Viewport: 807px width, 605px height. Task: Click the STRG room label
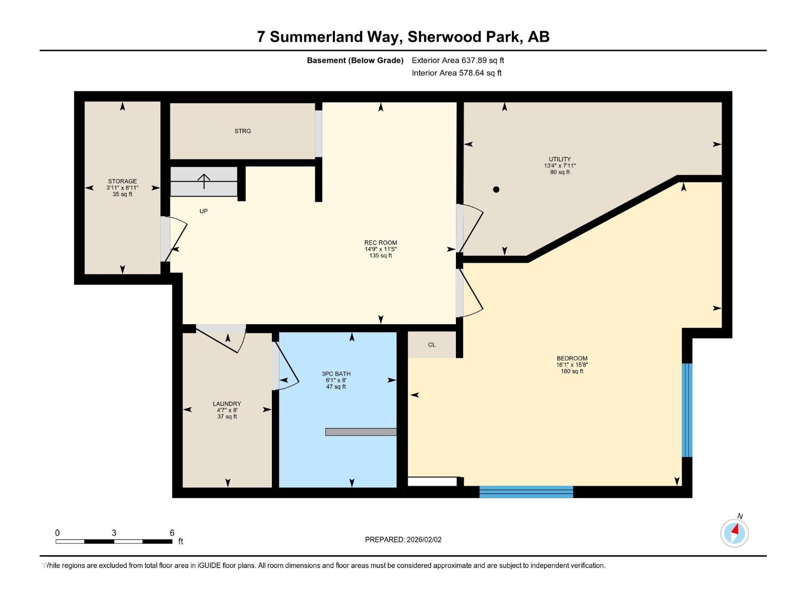point(243,131)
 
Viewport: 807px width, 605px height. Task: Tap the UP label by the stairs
point(203,211)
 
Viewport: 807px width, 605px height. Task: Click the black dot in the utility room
point(496,190)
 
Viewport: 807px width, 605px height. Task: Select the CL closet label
point(432,345)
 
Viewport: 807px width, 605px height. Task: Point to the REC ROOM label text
point(380,243)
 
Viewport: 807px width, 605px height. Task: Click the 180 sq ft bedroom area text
point(572,372)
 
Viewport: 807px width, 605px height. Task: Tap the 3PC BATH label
point(336,374)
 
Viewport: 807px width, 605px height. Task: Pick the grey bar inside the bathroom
point(361,432)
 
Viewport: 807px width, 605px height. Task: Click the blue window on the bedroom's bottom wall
point(526,492)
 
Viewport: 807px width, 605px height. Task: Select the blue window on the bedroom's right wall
point(687,409)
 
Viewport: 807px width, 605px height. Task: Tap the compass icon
point(734,533)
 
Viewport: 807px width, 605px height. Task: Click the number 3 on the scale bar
point(114,533)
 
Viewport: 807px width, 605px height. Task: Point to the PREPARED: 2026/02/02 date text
point(403,539)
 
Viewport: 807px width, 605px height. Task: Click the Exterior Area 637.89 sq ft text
point(457,60)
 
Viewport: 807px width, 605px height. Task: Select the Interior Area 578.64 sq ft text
point(456,73)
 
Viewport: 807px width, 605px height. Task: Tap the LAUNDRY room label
point(227,404)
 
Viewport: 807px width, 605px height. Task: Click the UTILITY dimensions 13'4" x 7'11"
point(559,166)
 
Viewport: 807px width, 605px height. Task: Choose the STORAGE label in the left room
point(122,181)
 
